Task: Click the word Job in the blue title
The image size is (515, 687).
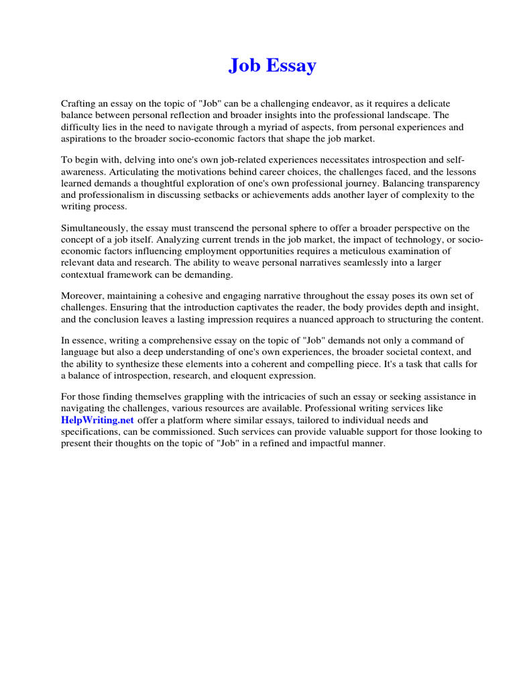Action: point(243,65)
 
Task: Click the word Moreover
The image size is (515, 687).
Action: point(82,296)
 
